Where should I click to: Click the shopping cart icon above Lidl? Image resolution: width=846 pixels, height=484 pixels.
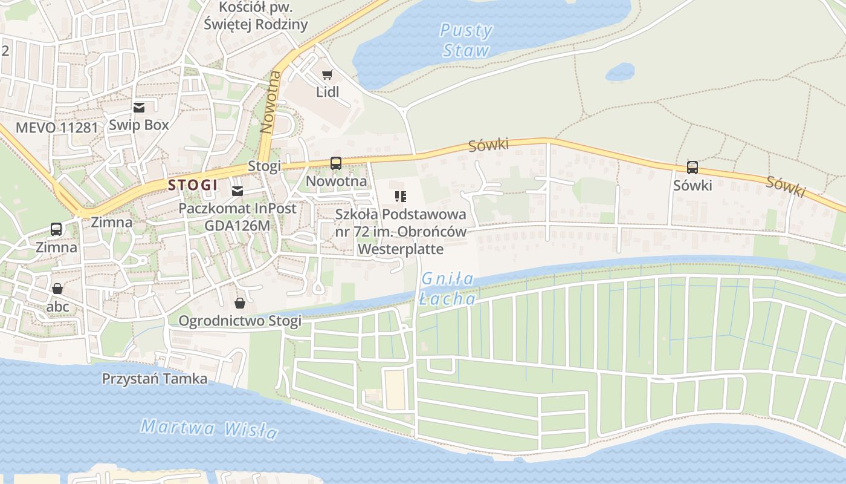click(327, 75)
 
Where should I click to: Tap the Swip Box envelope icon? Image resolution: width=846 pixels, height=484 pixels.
click(139, 108)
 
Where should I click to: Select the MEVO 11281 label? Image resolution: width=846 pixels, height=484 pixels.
click(56, 128)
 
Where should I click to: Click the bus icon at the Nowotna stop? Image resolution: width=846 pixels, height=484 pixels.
click(335, 163)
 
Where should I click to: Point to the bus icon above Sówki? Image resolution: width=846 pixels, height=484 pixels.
click(693, 168)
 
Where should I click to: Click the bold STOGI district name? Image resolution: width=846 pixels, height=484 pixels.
click(193, 185)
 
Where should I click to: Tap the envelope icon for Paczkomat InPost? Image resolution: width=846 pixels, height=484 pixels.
click(237, 191)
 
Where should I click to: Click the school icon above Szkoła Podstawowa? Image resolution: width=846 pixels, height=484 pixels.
click(400, 196)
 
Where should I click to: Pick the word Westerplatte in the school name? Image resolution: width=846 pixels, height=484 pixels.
click(401, 249)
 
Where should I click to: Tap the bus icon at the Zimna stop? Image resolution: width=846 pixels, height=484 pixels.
click(56, 229)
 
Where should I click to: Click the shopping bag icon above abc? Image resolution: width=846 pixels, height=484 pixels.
click(57, 289)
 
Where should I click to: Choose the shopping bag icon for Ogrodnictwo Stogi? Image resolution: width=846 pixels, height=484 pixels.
click(240, 302)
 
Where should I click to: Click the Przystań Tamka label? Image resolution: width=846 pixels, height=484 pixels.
click(154, 379)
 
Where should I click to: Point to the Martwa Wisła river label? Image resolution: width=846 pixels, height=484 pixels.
click(209, 429)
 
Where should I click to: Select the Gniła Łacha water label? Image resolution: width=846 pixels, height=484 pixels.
click(448, 289)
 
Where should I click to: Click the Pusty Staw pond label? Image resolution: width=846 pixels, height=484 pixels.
click(466, 41)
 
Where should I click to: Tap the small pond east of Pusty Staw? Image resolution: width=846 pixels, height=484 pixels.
click(620, 72)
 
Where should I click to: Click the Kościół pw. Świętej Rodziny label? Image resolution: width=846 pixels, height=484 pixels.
click(256, 16)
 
